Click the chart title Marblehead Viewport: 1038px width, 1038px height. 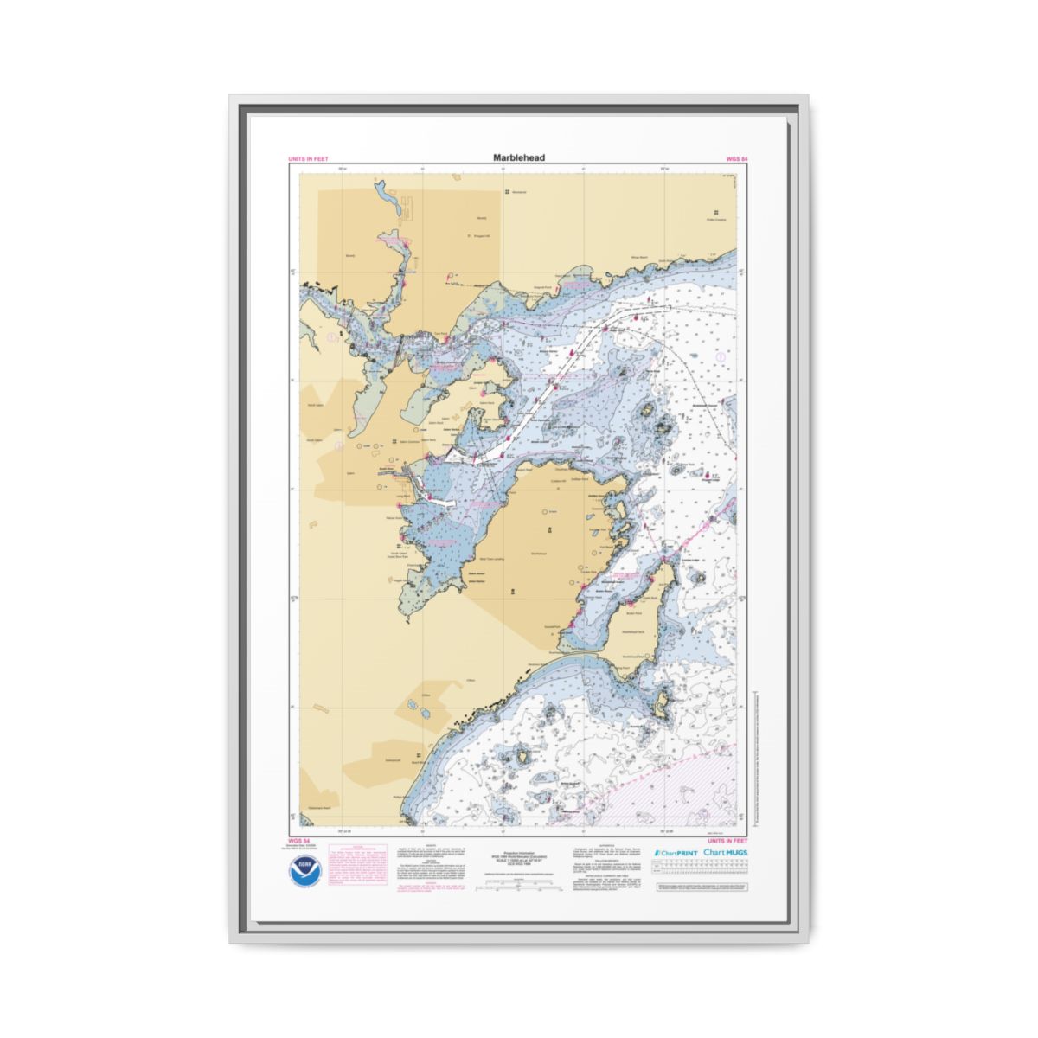[x=519, y=158]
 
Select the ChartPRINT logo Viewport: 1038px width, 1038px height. [x=676, y=853]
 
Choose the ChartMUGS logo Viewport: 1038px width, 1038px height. [x=726, y=853]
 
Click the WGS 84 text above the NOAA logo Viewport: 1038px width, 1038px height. [x=297, y=841]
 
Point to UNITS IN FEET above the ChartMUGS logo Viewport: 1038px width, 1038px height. [x=727, y=841]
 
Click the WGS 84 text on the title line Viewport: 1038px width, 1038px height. [x=737, y=159]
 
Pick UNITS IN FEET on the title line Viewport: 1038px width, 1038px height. [x=309, y=159]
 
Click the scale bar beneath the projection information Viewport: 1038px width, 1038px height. [x=519, y=886]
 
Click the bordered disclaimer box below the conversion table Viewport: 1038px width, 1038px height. [x=702, y=887]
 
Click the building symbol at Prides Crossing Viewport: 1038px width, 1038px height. [x=716, y=213]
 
